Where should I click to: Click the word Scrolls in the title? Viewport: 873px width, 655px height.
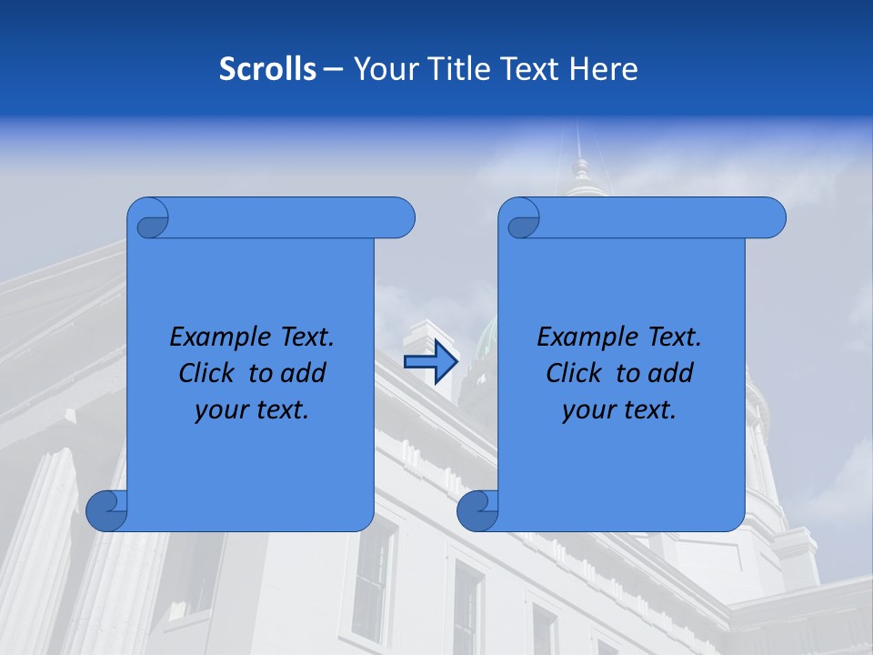point(268,69)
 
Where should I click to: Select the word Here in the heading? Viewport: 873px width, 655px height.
point(604,69)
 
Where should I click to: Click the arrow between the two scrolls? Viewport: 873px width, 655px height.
point(430,362)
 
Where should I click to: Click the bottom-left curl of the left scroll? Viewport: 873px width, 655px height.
point(106,510)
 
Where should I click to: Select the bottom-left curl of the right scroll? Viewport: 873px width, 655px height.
point(477,510)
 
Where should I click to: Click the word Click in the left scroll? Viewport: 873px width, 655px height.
point(206,373)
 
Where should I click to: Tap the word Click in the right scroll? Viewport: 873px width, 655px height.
point(574,373)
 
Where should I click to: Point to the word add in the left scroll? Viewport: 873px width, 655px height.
point(306,373)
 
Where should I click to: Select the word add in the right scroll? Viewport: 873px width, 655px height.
point(673,373)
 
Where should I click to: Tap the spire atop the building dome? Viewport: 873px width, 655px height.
point(578,146)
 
